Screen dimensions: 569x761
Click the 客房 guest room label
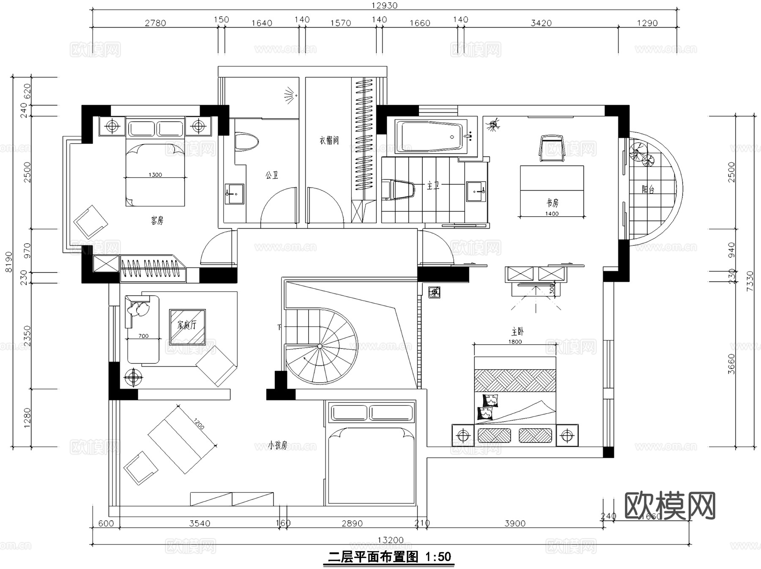point(157,220)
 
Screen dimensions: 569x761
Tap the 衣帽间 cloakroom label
point(329,140)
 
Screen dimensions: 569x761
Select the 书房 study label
point(552,203)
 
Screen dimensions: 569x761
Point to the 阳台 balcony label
point(648,190)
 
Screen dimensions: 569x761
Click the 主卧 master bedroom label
point(517,332)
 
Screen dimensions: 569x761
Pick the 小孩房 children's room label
point(278,445)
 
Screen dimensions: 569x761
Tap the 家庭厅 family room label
point(187,325)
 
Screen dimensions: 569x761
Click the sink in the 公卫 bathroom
point(234,193)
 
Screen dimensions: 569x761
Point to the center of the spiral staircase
point(320,346)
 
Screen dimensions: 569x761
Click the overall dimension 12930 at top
point(384,5)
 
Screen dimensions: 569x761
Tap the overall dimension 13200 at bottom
point(390,540)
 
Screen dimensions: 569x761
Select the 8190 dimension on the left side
point(9,262)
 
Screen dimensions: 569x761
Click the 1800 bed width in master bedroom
point(515,342)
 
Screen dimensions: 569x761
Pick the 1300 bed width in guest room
point(155,174)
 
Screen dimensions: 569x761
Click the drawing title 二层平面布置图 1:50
point(389,557)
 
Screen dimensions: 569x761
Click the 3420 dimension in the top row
point(541,23)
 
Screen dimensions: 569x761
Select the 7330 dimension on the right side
point(750,281)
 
